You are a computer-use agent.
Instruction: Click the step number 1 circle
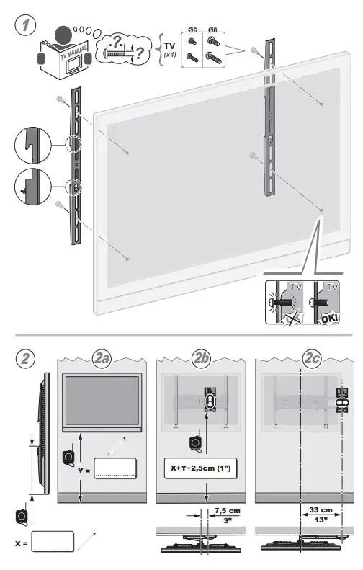(x=26, y=25)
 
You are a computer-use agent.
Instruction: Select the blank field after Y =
(x=115, y=468)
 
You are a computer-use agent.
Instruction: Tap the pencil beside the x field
(x=89, y=538)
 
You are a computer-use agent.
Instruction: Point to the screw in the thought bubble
(x=118, y=53)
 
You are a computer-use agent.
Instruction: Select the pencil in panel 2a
(x=117, y=445)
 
